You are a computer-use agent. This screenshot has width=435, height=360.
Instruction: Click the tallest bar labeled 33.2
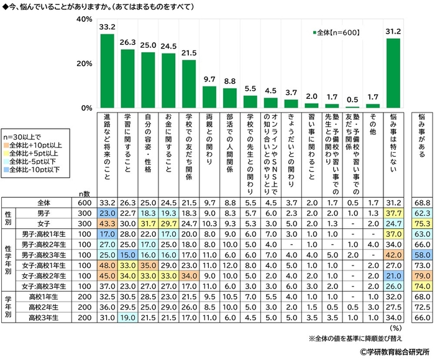107,70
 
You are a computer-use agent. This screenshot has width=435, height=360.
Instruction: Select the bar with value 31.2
393,73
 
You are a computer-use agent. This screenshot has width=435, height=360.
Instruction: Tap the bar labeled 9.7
209,96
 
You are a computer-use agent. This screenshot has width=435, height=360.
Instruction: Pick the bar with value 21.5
189,83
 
